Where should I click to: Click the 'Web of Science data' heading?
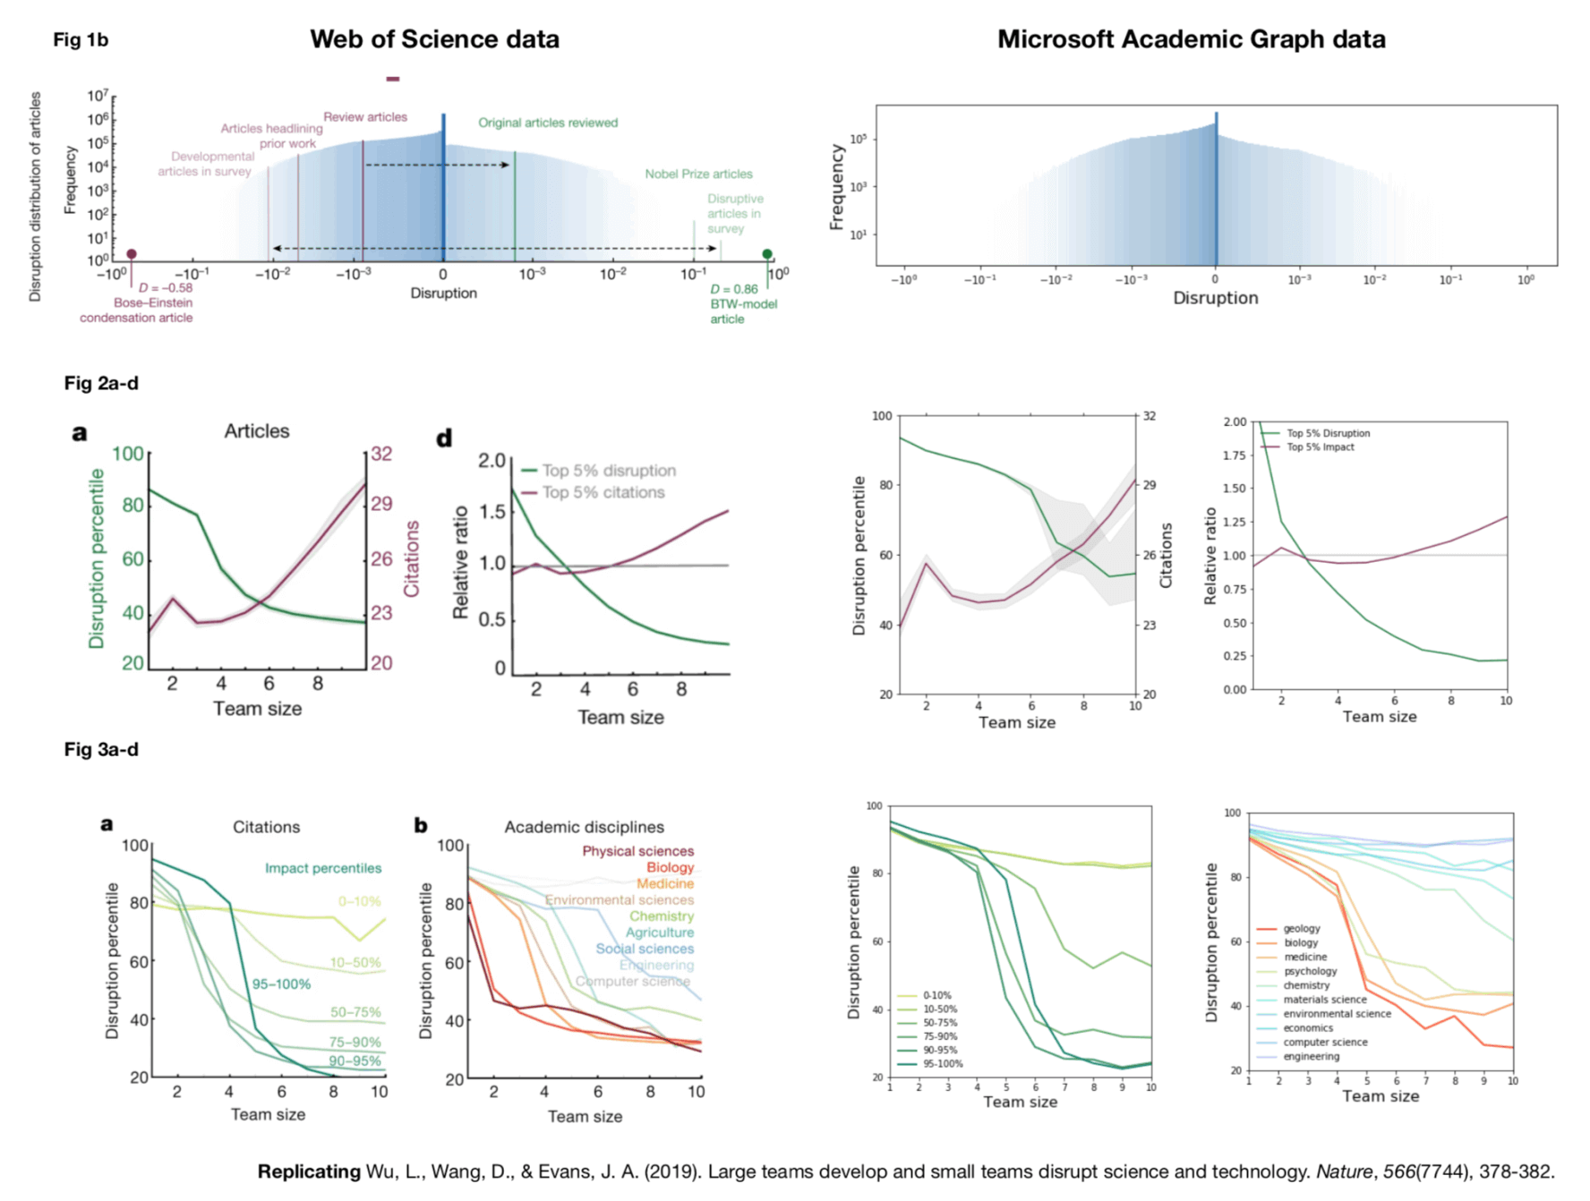click(434, 39)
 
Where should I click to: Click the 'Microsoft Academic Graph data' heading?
click(1191, 39)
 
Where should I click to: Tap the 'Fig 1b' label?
click(81, 39)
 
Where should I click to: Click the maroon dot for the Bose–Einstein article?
click(132, 254)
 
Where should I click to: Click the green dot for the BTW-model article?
click(767, 254)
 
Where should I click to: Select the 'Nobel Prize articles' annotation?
click(698, 174)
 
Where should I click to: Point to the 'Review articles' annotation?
click(364, 116)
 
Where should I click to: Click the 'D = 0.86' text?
click(734, 289)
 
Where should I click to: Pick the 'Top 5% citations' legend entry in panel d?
click(603, 492)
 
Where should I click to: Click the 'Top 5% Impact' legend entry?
click(1320, 447)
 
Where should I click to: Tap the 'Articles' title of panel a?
click(256, 430)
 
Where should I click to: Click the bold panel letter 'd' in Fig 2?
click(444, 439)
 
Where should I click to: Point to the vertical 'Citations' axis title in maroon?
click(411, 558)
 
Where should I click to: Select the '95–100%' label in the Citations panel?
click(280, 984)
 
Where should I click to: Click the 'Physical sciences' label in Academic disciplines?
click(637, 851)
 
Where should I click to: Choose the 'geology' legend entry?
click(1301, 929)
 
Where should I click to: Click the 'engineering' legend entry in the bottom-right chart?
click(1311, 1056)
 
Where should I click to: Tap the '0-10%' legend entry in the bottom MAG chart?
click(936, 995)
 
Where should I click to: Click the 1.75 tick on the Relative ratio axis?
click(1234, 456)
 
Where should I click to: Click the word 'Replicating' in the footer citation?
click(309, 1171)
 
